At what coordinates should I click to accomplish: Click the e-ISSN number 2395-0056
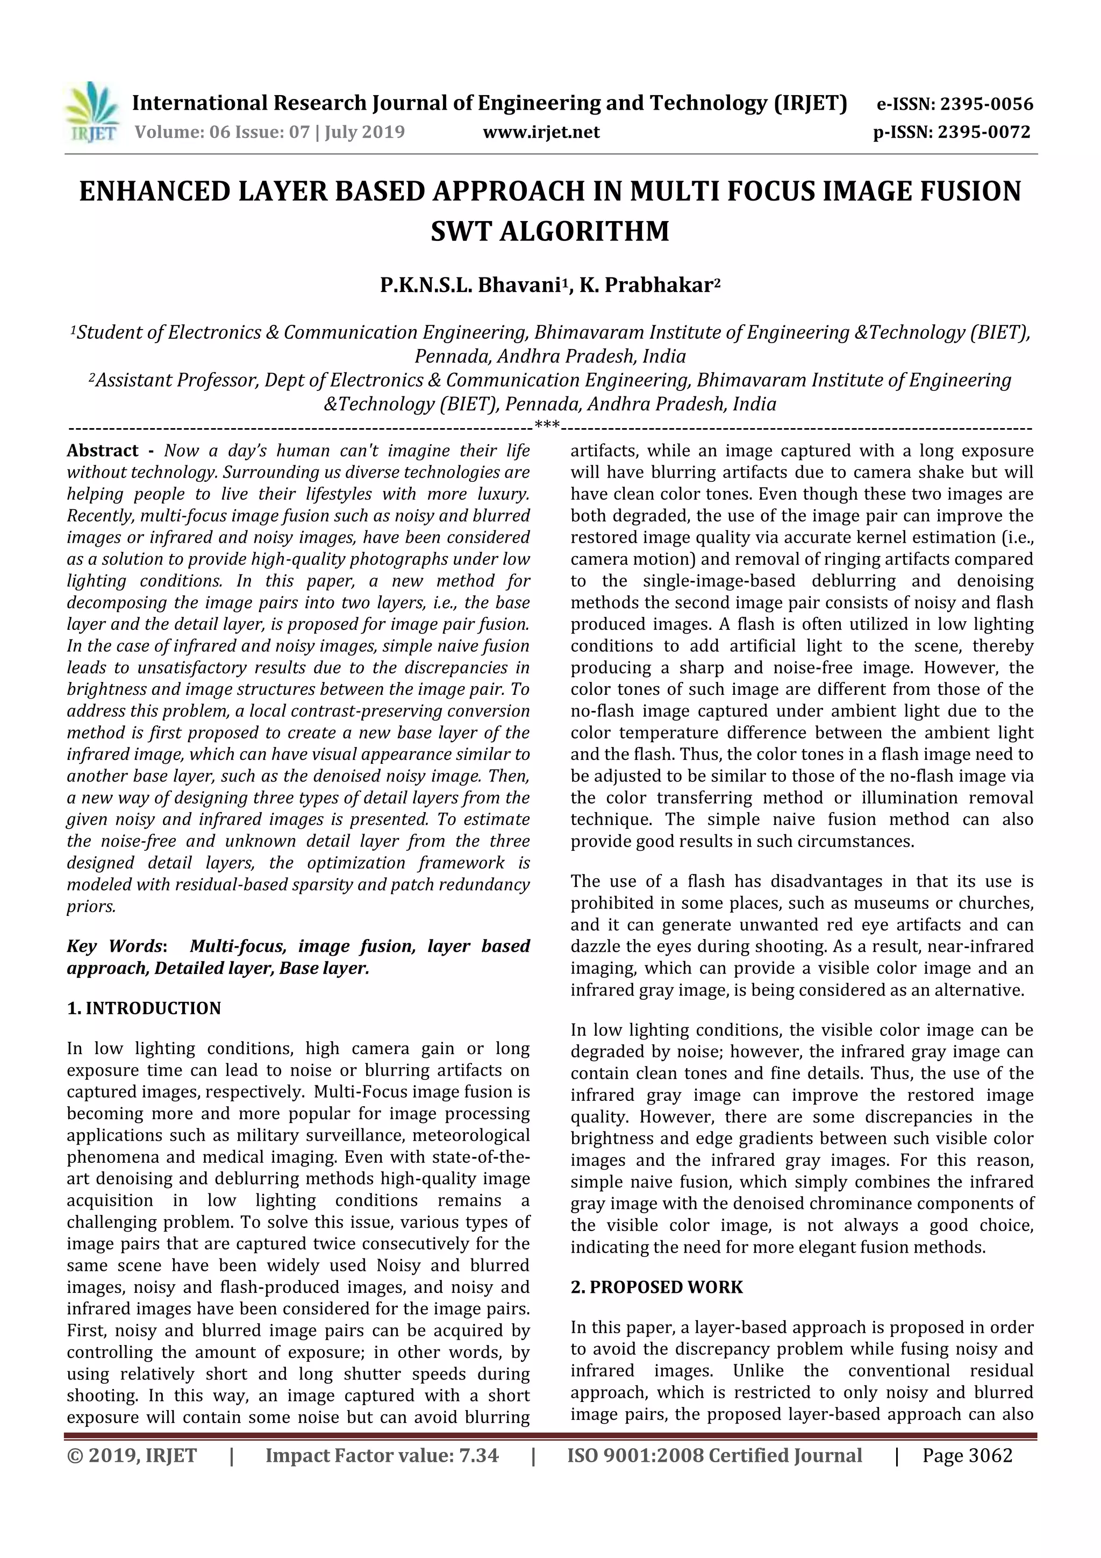[x=986, y=104]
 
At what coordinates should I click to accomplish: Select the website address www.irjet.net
[x=541, y=132]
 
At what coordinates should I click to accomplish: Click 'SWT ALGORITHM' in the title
[x=549, y=231]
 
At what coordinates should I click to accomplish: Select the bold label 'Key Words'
[x=114, y=947]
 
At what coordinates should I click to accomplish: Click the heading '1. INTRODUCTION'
[x=144, y=1008]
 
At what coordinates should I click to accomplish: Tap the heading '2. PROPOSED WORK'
[x=656, y=1287]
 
